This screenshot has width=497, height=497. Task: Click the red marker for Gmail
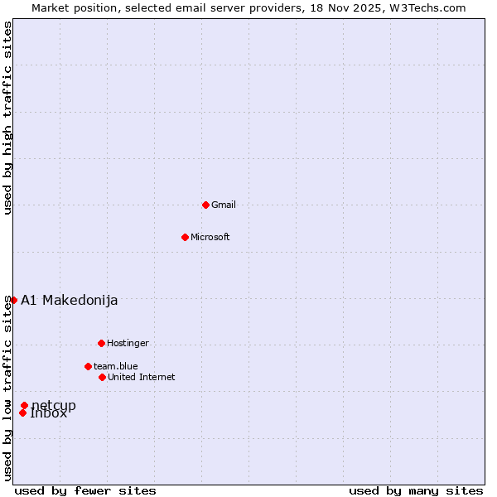pos(205,205)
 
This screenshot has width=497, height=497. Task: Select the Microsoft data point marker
pos(185,237)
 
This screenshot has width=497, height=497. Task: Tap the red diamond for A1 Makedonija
pos(13,300)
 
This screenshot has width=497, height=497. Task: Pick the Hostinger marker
pos(101,343)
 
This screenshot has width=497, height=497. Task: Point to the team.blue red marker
pos(88,366)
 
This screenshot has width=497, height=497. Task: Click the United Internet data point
pos(102,377)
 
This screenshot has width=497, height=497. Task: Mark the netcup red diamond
pos(24,405)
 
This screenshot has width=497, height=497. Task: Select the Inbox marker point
pos(22,413)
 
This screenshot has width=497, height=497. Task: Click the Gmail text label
pos(224,205)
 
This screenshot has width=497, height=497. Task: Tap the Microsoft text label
pos(210,237)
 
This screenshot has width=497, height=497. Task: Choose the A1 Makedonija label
pos(70,300)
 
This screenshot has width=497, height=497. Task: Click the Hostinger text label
pos(128,343)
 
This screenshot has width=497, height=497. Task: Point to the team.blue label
pos(116,366)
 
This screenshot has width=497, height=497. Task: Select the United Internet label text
pos(142,377)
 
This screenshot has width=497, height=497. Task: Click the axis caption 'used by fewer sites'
pos(85,490)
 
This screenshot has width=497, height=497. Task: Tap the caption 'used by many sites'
pos(416,490)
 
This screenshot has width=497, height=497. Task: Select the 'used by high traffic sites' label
pos(7,118)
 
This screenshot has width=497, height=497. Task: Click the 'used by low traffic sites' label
pos(7,388)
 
